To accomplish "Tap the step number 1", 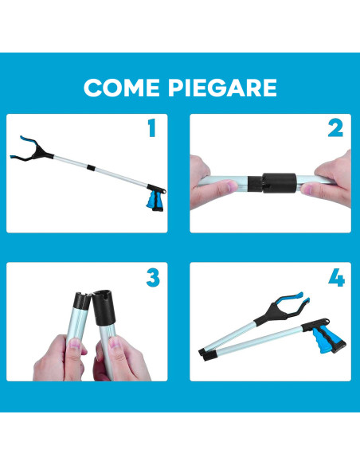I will (151, 127).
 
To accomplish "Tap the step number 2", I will (335, 128).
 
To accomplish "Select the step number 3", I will (152, 278).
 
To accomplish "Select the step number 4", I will (335, 278).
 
